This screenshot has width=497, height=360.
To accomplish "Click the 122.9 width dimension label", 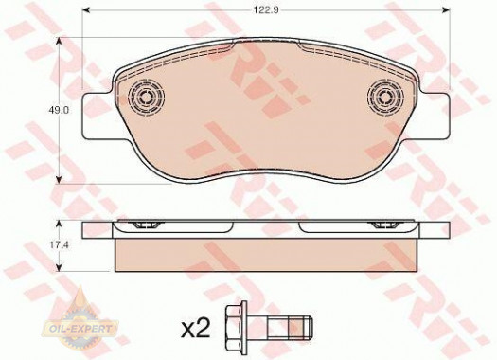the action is pos(266,10).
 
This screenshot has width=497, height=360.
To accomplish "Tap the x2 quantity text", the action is pos(196,329).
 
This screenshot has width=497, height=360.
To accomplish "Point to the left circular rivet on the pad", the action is pos(146,96).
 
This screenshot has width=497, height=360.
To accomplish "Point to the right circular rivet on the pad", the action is pos(385,96).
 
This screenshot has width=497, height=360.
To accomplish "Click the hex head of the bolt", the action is pos(236,328).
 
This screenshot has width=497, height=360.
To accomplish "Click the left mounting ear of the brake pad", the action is pos(97,117).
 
